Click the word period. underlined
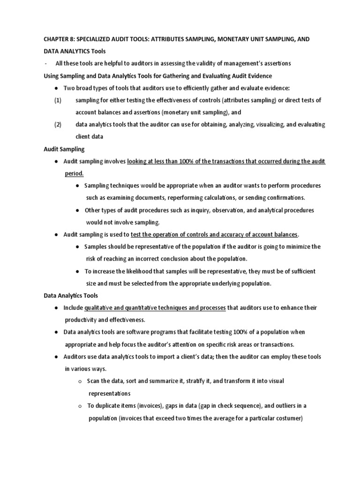74,173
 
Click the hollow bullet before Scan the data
80,381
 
